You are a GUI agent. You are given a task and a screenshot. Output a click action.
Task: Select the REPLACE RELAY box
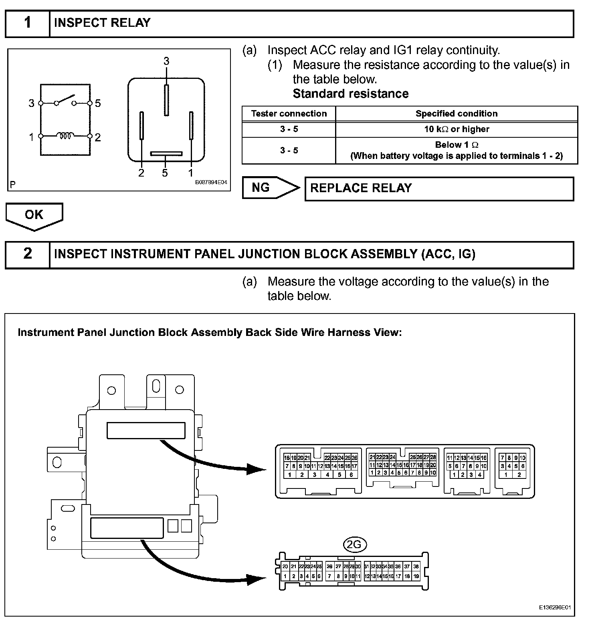pos(439,189)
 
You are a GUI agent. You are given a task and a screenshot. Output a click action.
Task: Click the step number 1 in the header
pos(27,23)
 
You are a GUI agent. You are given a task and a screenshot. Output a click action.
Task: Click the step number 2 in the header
pos(27,254)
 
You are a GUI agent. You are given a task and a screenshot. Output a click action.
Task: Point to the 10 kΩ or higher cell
pos(456,129)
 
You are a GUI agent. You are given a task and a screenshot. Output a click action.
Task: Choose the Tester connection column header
pos(289,114)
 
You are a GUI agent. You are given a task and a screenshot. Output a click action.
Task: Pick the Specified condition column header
pos(456,114)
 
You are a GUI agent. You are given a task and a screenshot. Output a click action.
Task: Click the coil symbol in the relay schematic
pos(65,136)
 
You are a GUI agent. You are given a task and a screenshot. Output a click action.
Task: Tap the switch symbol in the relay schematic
pos(65,99)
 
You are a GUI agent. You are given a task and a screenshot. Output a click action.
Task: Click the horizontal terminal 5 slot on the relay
pos(166,153)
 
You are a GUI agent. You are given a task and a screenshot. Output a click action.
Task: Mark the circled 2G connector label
pos(355,544)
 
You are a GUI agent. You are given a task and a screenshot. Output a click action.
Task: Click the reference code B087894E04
pos(211,183)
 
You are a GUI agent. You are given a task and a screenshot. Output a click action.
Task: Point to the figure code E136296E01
pos(554,607)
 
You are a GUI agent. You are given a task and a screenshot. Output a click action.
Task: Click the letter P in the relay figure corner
pos(13,185)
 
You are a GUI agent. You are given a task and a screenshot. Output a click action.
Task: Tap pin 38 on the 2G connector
pos(416,567)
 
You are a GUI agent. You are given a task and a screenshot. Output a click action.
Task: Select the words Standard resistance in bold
pos(350,94)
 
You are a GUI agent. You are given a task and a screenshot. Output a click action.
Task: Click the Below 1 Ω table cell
pos(456,150)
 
